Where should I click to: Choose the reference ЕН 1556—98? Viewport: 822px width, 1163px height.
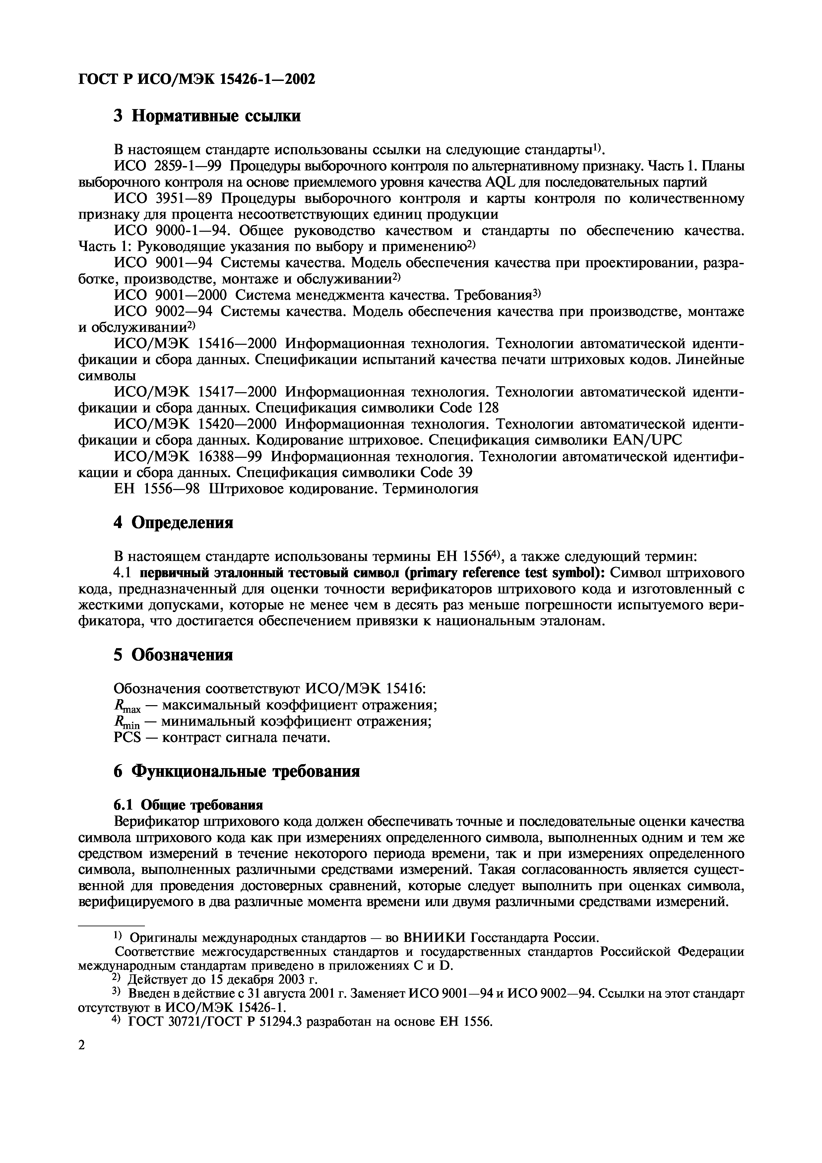point(157,489)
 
